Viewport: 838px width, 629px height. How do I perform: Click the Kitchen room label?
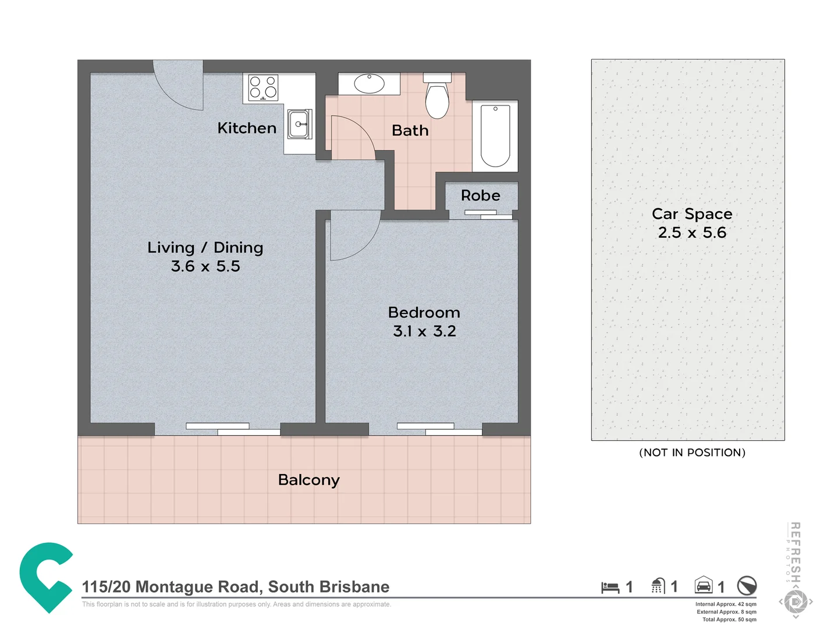247,128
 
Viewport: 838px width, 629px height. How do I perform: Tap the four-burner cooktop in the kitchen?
263,87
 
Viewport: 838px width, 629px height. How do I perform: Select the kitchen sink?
299,124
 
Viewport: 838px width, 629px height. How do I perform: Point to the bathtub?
495,136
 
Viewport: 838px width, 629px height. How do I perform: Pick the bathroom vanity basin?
369,83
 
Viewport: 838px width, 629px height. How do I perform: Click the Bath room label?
410,130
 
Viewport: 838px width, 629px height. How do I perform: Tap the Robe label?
480,196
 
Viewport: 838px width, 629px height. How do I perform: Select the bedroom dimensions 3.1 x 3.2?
424,331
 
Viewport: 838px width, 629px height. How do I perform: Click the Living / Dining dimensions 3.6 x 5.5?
205,266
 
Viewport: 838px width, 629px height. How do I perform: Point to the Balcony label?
308,480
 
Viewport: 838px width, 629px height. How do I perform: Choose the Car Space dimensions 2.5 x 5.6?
692,233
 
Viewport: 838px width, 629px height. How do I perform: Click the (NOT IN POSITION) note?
692,453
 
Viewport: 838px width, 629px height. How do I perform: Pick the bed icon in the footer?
610,587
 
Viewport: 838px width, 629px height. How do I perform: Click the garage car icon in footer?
704,585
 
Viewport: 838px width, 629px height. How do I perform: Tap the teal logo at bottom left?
45,577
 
